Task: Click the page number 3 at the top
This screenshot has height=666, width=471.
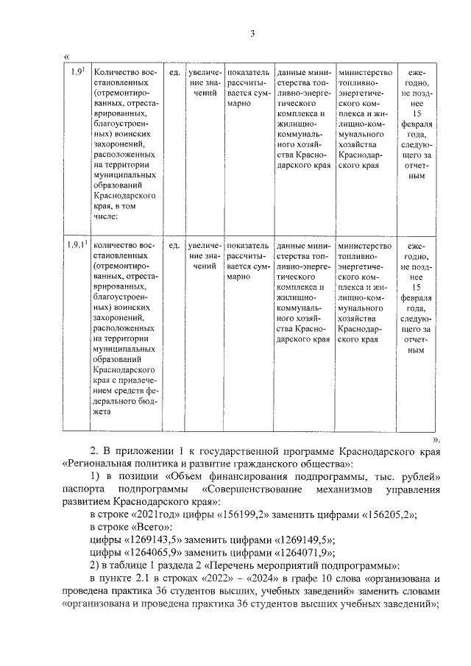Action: click(x=252, y=34)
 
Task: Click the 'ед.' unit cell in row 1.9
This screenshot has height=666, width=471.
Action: click(x=174, y=72)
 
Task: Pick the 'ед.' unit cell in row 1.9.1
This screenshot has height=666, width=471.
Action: click(x=174, y=245)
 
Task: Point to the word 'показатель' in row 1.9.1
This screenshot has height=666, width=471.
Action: click(x=249, y=245)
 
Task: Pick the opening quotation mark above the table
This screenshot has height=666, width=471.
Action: click(x=67, y=55)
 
